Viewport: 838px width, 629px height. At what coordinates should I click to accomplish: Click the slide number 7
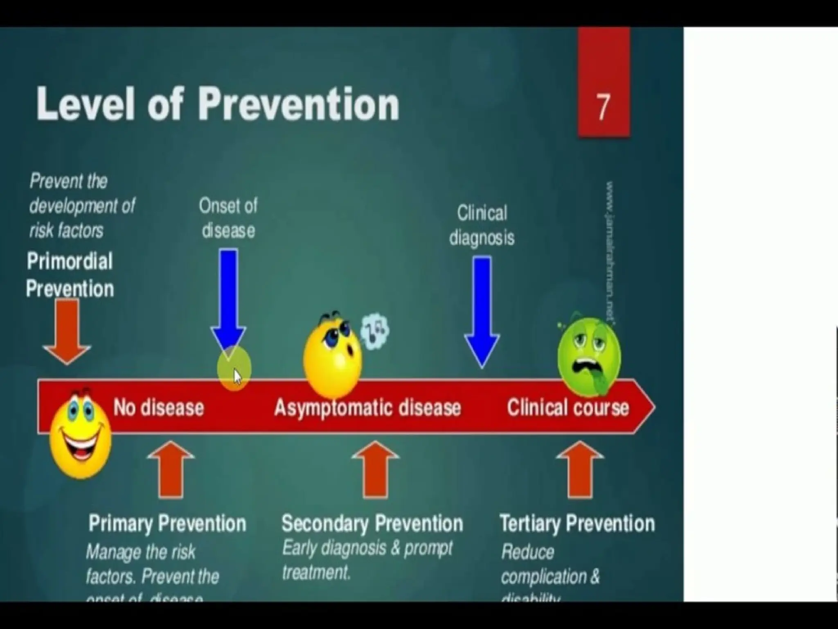(603, 107)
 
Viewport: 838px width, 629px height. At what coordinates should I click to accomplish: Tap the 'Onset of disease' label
(228, 218)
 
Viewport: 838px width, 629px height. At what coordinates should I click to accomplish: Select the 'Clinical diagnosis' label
(482, 225)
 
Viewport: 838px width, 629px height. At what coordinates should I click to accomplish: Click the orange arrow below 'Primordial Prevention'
(67, 330)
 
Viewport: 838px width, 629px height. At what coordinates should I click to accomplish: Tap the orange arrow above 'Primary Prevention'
(171, 469)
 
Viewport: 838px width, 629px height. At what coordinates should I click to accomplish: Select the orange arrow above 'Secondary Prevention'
(375, 469)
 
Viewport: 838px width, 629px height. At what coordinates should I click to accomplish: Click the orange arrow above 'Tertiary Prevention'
(580, 469)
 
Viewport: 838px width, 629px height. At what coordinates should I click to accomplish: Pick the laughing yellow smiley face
(80, 435)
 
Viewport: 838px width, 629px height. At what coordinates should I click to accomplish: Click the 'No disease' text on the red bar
(158, 408)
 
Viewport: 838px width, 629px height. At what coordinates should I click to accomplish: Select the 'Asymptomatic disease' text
(367, 408)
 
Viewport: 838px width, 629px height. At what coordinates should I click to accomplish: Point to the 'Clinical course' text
(568, 408)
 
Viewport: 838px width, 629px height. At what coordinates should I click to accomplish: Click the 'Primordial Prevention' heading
(70, 275)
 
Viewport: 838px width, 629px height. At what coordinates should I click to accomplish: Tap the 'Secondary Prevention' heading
(372, 523)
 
